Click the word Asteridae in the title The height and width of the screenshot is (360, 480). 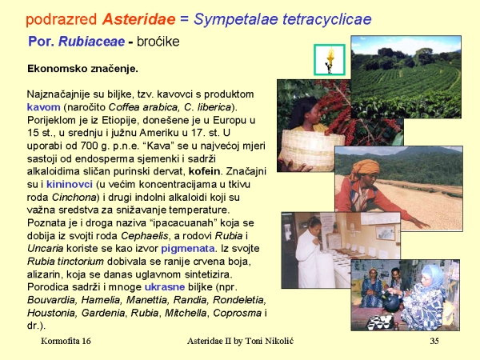pyautogui.click(x=138, y=19)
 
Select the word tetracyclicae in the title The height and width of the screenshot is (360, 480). pyautogui.click(x=327, y=19)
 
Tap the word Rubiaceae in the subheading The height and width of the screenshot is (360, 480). pyautogui.click(x=91, y=42)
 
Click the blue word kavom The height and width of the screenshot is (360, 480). pyautogui.click(x=43, y=107)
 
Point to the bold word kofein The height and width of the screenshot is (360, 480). pyautogui.click(x=204, y=171)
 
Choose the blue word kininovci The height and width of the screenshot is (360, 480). pyautogui.click(x=70, y=184)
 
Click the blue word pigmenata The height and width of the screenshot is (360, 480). pyautogui.click(x=188, y=249)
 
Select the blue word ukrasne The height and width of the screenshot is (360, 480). pyautogui.click(x=165, y=287)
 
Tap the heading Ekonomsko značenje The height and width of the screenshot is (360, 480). pyautogui.click(x=82, y=69)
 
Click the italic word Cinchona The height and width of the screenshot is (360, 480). pyautogui.click(x=74, y=197)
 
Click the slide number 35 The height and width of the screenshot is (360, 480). pyautogui.click(x=434, y=341)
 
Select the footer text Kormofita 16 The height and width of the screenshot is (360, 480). pyautogui.click(x=66, y=341)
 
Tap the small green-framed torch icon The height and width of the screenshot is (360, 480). pyautogui.click(x=330, y=60)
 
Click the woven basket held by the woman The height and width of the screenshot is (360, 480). pyautogui.click(x=311, y=150)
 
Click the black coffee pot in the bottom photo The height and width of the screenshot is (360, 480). pyautogui.click(x=391, y=301)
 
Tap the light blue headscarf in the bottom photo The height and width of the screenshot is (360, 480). pyautogui.click(x=432, y=275)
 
